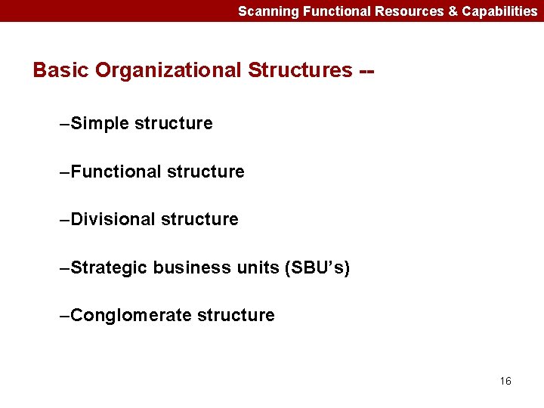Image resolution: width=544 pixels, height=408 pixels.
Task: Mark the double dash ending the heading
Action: (367, 71)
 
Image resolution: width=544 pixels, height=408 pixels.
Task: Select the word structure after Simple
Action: (174, 123)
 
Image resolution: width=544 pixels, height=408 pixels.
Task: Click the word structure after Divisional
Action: (200, 219)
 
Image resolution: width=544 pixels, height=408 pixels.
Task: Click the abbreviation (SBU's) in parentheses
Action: (317, 267)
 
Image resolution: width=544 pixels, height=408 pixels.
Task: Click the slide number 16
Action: (505, 381)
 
